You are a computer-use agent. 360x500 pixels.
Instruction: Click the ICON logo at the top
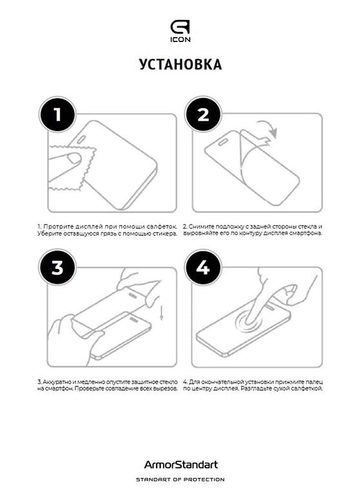[x=180, y=31]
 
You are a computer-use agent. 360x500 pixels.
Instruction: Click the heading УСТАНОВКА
[x=180, y=64]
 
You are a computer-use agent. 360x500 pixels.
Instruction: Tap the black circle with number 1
[x=58, y=114]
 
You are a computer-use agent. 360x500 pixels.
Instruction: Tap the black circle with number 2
[x=203, y=114]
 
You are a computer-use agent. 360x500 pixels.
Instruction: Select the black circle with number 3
[x=58, y=267]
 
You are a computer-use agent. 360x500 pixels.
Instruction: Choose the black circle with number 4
[x=203, y=267]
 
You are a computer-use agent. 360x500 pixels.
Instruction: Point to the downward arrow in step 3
[x=161, y=313]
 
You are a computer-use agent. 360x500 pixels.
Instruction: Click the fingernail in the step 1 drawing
[x=74, y=158]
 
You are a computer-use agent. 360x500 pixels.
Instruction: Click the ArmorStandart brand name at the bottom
[x=181, y=465]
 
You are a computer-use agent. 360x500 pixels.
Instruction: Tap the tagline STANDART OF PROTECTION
[x=180, y=479]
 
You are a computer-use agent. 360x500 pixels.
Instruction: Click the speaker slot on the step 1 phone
[x=82, y=139]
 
